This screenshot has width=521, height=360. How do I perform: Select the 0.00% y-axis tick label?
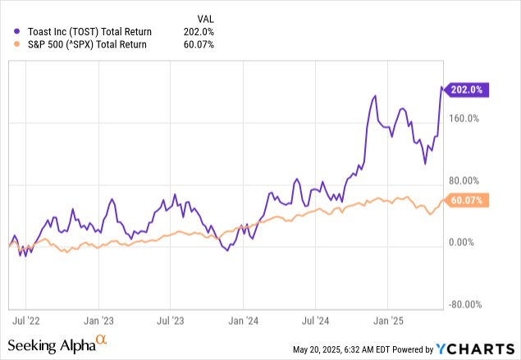coord(465,243)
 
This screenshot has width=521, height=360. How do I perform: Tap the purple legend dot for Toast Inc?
coord(8,31)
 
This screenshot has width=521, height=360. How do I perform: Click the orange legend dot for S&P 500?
coord(8,44)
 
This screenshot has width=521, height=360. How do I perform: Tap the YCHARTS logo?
coord(479,349)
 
